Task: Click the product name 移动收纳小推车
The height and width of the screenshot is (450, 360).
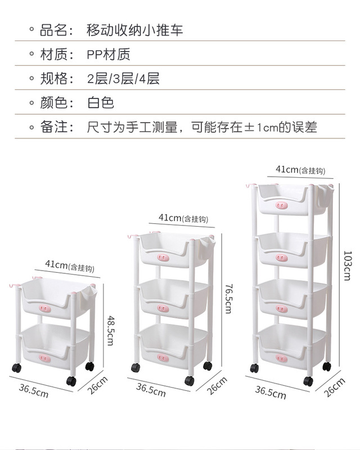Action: (135, 30)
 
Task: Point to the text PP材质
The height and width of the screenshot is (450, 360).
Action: (109, 55)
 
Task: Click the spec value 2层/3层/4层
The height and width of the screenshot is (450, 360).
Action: (123, 79)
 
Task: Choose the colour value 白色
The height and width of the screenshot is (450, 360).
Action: (101, 103)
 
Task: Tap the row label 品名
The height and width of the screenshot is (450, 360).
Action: (56, 30)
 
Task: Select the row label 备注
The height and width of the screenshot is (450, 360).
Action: (56, 127)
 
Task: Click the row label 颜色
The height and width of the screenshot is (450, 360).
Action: (56, 103)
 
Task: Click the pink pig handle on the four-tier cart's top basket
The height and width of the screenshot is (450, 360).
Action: (283, 206)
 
